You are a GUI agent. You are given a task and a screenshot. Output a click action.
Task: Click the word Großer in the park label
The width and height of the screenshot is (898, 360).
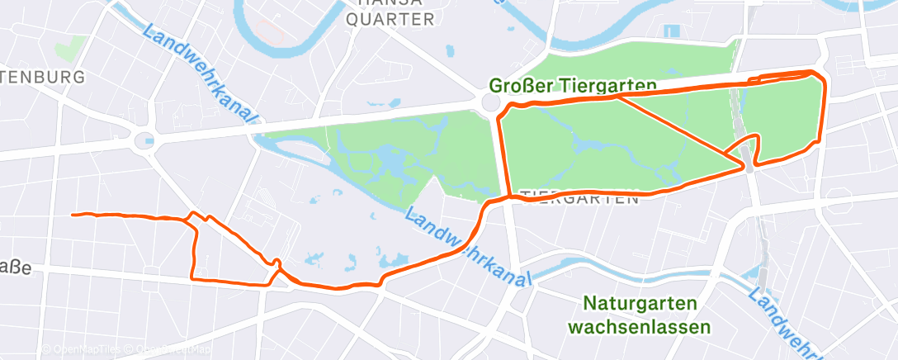pos(520,85)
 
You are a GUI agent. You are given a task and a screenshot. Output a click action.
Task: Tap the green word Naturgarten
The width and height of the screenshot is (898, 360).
pos(639,303)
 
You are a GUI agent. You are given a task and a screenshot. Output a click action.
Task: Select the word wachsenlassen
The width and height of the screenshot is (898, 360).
pos(639,327)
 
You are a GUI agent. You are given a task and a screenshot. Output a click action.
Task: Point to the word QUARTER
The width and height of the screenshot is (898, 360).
pos(390,20)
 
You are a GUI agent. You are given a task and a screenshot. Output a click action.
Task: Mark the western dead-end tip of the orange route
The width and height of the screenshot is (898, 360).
pos(74,215)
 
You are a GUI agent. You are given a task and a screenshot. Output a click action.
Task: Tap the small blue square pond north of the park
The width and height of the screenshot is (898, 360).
pos(672,31)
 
